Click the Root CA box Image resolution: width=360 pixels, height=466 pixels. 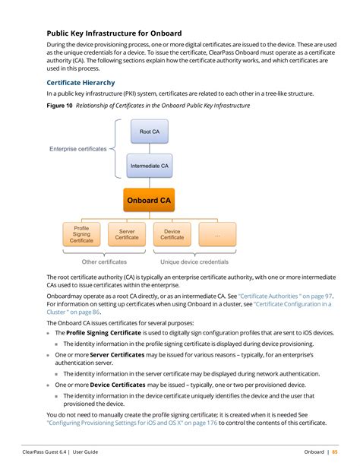click(x=150, y=132)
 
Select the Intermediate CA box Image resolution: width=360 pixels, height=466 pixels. click(x=150, y=165)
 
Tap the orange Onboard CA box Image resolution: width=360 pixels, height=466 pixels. click(x=149, y=200)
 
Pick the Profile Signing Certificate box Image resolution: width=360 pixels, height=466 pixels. click(x=81, y=234)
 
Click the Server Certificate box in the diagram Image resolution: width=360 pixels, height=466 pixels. click(x=127, y=234)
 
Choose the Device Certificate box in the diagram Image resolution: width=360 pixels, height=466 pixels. click(x=172, y=234)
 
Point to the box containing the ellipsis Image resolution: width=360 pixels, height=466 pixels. click(x=217, y=234)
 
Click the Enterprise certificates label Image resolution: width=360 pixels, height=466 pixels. click(x=78, y=149)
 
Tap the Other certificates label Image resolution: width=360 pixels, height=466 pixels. click(x=104, y=262)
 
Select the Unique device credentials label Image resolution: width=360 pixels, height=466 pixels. click(x=194, y=262)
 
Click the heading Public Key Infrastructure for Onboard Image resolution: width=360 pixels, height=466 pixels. click(x=114, y=33)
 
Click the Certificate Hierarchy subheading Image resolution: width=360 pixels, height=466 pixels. click(x=81, y=81)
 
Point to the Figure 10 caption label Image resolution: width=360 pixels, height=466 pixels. click(x=59, y=106)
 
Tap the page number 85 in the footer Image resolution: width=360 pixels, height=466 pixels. click(x=335, y=452)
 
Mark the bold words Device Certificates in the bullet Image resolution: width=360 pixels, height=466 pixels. click(x=118, y=385)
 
